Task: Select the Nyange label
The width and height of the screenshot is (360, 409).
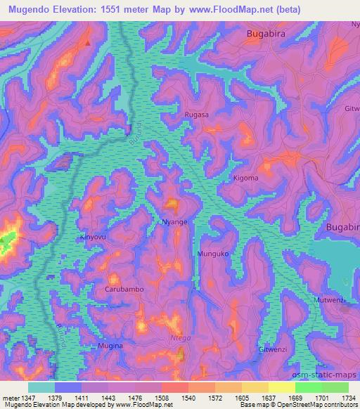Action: [174, 221]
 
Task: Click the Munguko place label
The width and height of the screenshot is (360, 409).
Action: [213, 253]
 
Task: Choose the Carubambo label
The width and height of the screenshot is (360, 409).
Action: [124, 289]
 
